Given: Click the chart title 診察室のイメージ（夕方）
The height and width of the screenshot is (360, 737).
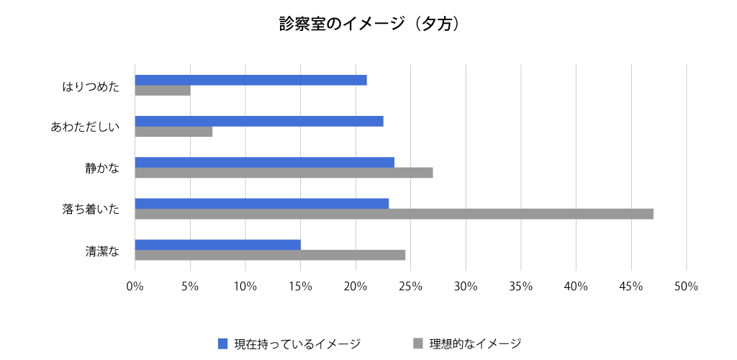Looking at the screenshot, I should pyautogui.click(x=368, y=24).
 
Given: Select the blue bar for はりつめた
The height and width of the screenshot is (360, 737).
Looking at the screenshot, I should pyautogui.click(x=250, y=80).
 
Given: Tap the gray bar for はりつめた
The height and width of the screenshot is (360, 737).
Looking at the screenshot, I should pyautogui.click(x=163, y=91).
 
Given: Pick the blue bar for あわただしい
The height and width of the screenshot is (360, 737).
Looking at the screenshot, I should pyautogui.click(x=259, y=121).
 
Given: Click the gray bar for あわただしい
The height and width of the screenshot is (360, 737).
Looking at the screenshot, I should pyautogui.click(x=173, y=132).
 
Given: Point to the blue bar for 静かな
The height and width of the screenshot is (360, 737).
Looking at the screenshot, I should pyautogui.click(x=264, y=162).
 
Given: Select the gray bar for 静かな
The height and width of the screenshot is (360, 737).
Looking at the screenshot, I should pyautogui.click(x=284, y=173).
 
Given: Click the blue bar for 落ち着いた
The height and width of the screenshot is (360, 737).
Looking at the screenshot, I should pyautogui.click(x=262, y=203).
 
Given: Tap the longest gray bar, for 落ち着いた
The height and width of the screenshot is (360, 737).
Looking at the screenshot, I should pyautogui.click(x=394, y=214).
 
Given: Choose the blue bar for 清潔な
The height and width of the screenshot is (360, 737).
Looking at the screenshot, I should pyautogui.click(x=217, y=244).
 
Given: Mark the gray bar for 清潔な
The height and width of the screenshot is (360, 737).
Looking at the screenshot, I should pyautogui.click(x=270, y=255).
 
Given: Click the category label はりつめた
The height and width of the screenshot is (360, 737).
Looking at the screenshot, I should pyautogui.click(x=90, y=86).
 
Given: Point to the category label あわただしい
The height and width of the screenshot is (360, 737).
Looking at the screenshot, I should pyautogui.click(x=84, y=127).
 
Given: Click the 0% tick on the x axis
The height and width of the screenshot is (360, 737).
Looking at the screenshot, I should pyautogui.click(x=135, y=287).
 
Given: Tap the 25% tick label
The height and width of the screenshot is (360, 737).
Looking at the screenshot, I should pyautogui.click(x=410, y=287).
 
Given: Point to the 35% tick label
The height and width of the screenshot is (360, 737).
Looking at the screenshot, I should pyautogui.click(x=520, y=287).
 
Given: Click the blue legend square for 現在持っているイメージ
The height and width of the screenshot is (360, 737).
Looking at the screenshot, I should pyautogui.click(x=222, y=343).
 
